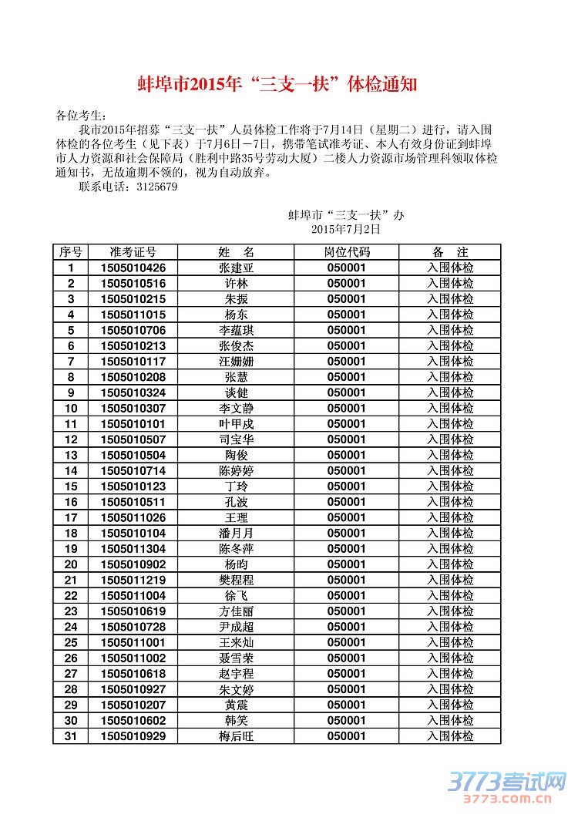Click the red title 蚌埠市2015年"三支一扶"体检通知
[277, 84]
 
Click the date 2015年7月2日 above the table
[346, 229]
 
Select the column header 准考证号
[133, 252]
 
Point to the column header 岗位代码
[346, 252]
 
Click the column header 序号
[71, 252]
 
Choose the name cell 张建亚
[236, 268]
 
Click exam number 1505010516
[133, 284]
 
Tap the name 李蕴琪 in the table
[236, 331]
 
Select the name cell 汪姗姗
[236, 362]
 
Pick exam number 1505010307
[133, 409]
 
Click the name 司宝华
[236, 439]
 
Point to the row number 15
[71, 486]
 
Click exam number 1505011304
[133, 549]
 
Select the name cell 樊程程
[236, 580]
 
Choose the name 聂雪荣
[236, 658]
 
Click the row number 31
[71, 736]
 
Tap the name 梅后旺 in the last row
[236, 736]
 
